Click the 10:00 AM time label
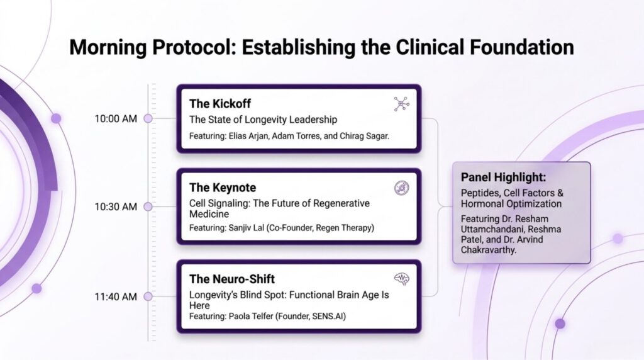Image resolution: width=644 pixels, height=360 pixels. [116, 119]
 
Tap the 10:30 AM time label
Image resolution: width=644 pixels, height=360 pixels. [116, 206]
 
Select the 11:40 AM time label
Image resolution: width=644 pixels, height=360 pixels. [116, 296]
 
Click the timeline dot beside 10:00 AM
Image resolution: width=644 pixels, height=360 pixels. [148, 118]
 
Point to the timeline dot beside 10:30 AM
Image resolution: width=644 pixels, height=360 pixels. [148, 206]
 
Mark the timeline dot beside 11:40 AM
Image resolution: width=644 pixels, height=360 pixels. [148, 296]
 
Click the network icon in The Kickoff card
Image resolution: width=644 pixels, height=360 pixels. [401, 104]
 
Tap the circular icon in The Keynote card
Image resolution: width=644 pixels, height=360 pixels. [401, 188]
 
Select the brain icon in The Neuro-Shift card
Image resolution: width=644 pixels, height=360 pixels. [401, 279]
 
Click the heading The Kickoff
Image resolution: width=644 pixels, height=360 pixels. [219, 104]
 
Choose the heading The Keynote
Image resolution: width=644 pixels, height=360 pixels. [223, 188]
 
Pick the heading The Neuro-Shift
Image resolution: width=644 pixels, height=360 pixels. [231, 279]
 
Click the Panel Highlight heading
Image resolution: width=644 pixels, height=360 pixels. [504, 177]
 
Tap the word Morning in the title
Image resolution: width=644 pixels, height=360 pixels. [108, 48]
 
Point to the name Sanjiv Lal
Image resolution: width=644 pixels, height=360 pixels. [247, 228]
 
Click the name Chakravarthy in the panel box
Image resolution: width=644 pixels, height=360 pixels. [488, 250]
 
